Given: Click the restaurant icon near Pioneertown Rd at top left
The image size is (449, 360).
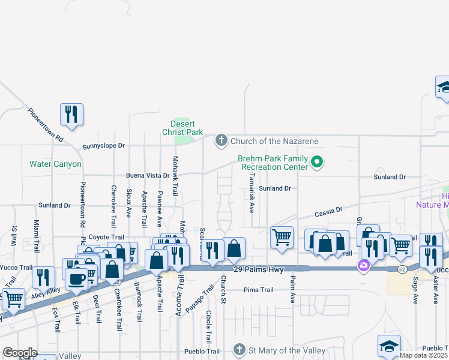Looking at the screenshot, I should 71,113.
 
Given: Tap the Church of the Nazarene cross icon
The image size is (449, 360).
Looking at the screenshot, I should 221,141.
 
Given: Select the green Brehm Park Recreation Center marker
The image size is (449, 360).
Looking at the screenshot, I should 319,162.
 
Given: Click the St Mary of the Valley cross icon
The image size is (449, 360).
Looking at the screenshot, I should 239,350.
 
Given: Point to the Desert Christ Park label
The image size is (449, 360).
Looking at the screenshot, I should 187,128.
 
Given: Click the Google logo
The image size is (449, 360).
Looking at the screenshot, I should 20,353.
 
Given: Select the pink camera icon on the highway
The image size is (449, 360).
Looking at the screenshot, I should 363,265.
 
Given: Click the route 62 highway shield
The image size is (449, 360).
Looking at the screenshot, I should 402,270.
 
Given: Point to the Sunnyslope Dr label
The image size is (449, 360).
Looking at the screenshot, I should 103,146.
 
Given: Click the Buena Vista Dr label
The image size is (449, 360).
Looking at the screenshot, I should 148,176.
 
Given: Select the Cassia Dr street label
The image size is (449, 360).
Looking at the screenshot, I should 328,212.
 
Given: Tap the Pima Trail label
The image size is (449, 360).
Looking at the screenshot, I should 259,290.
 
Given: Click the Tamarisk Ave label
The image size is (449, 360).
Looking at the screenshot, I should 252,194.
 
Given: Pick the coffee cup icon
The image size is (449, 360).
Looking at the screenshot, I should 77,278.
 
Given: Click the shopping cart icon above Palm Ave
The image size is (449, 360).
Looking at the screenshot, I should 282,238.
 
